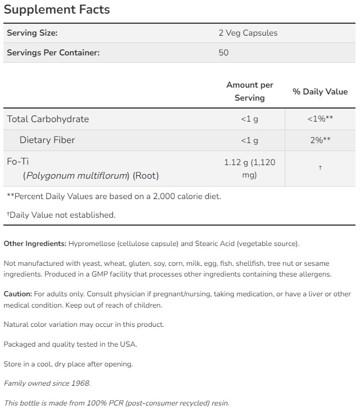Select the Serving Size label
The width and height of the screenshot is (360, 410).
pos(32,33)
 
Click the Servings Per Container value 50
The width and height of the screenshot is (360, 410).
pos(223,53)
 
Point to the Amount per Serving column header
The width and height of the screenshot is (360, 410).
pos(250,91)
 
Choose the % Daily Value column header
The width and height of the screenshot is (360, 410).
pos(320,92)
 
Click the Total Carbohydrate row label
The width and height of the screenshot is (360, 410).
pos(48,119)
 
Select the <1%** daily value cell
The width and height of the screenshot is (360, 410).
pos(320,119)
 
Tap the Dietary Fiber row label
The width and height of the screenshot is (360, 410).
pos(47,140)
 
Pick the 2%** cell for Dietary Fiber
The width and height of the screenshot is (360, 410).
pos(320,140)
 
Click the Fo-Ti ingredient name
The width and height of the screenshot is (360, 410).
pos(18,161)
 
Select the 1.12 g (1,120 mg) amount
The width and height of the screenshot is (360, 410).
pos(250,169)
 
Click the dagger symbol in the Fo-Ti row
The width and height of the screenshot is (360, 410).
pos(320,169)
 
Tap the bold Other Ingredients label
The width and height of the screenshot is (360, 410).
pos(35,244)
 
